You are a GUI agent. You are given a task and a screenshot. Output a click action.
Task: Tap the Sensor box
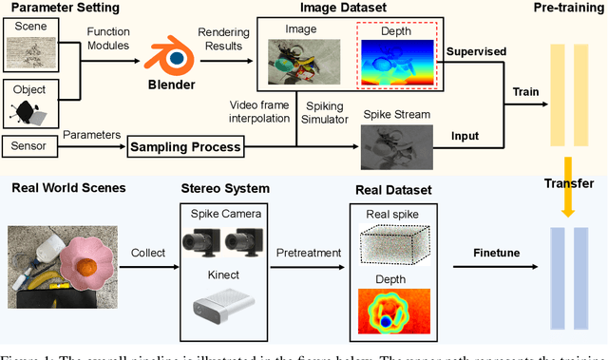tap(31, 147)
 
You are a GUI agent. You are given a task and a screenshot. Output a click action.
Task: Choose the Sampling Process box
tap(185, 147)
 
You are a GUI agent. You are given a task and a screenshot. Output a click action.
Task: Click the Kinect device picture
tap(221, 310)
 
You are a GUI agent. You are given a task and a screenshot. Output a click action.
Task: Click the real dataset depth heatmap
tap(390, 313)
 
